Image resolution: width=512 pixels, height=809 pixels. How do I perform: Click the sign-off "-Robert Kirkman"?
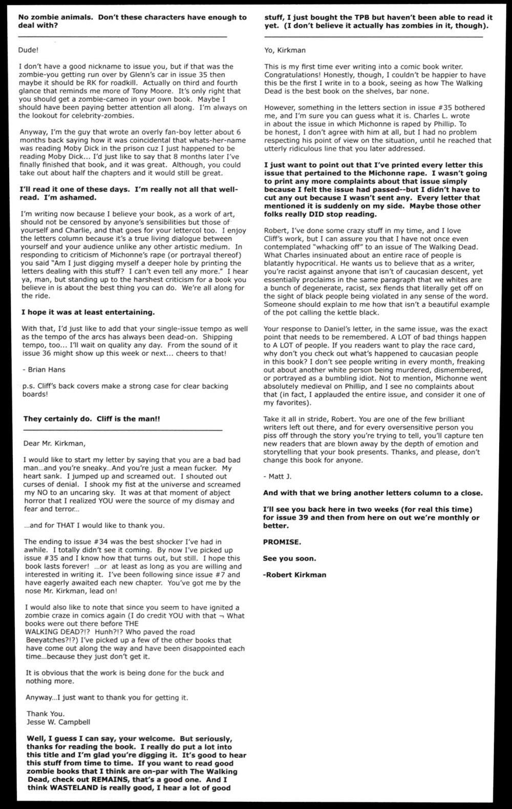click(x=294, y=575)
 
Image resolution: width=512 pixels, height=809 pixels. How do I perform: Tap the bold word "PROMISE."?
click(x=282, y=542)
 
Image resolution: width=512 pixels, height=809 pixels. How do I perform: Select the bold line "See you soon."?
click(x=289, y=558)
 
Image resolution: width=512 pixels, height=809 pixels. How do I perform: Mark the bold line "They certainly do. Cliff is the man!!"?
click(x=92, y=419)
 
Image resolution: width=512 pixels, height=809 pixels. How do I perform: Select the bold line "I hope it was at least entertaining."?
click(x=88, y=312)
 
